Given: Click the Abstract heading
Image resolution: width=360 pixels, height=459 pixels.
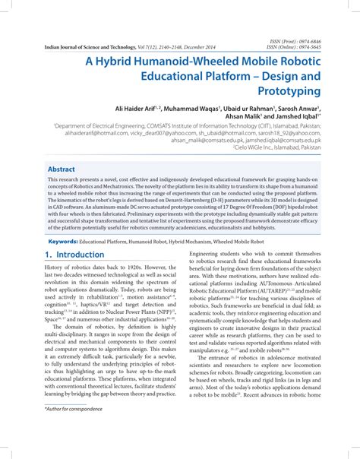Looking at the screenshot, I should (62, 169).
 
